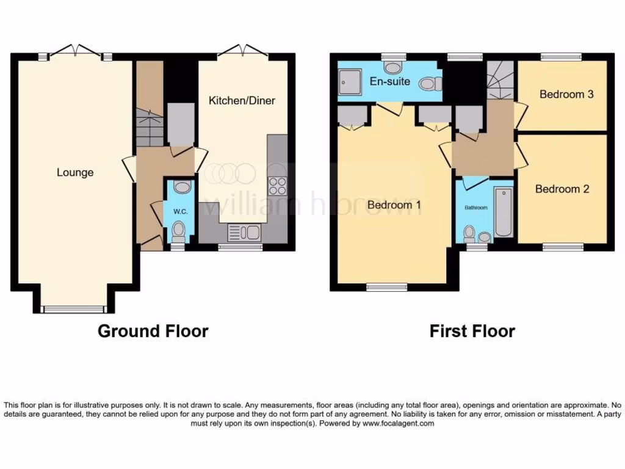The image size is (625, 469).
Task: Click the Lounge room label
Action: [x=75, y=172]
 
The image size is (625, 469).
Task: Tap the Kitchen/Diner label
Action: [x=242, y=101]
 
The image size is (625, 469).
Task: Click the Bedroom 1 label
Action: [x=394, y=205]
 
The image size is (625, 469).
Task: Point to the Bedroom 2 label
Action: [x=562, y=189]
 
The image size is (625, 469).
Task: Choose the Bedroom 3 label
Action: [x=566, y=95]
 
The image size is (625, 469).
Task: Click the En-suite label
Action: [x=389, y=81]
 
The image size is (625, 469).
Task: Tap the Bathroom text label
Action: [x=476, y=208]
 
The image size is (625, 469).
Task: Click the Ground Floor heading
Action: [x=153, y=332]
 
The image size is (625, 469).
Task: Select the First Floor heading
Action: [x=472, y=332]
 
